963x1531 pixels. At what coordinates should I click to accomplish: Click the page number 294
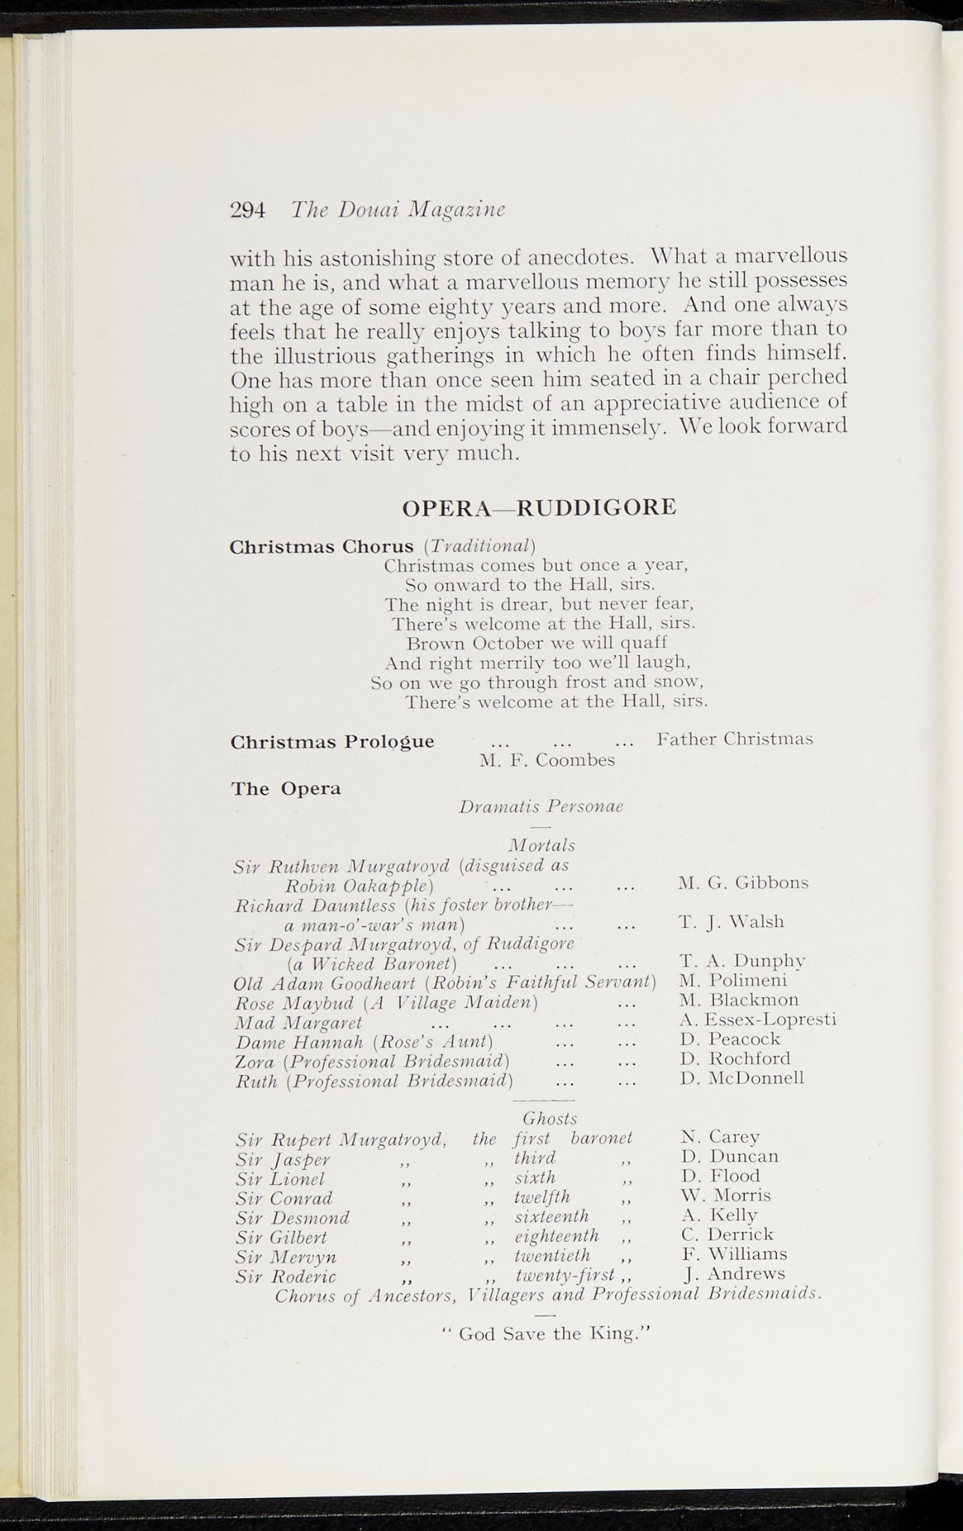(x=247, y=210)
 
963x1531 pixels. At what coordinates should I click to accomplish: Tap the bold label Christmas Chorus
(x=321, y=546)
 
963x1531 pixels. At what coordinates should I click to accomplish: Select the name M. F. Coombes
(x=547, y=760)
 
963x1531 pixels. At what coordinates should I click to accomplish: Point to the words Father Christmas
(x=734, y=739)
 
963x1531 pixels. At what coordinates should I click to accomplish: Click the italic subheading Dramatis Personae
(x=541, y=807)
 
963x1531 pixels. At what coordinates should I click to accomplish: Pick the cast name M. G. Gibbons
(x=743, y=883)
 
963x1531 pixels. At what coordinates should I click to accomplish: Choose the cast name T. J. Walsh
(x=731, y=922)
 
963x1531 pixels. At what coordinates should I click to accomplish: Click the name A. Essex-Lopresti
(x=757, y=1019)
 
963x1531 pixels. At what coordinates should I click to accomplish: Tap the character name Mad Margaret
(x=298, y=1022)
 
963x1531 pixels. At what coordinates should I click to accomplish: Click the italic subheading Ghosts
(x=550, y=1118)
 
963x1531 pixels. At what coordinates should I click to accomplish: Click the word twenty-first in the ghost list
(x=564, y=1274)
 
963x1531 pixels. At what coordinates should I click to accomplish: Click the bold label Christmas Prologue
(x=332, y=742)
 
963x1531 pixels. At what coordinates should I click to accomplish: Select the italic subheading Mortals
(x=541, y=845)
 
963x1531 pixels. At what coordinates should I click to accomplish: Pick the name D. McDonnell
(x=742, y=1078)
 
